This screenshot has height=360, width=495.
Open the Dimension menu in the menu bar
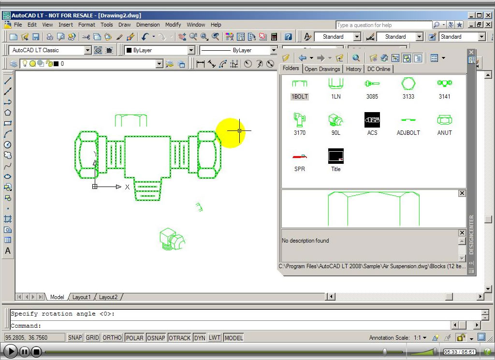(148, 25)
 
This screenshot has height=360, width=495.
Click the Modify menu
(173, 25)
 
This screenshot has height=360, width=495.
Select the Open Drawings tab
(322, 69)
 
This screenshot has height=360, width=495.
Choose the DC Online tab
(379, 69)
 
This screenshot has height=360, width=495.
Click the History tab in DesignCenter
(353, 69)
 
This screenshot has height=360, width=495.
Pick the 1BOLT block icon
(299, 84)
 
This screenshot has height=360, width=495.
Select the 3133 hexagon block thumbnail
(408, 84)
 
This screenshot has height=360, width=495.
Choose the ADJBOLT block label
(408, 132)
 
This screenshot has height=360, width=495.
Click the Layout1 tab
(82, 297)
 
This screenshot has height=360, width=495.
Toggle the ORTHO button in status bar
(112, 338)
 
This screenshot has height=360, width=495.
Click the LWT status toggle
(214, 338)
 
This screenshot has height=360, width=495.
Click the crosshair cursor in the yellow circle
(239, 130)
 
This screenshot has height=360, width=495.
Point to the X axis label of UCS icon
(127, 187)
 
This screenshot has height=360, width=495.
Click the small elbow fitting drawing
(172, 239)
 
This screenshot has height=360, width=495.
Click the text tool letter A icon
(8, 251)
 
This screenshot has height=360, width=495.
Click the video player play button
(10, 352)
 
